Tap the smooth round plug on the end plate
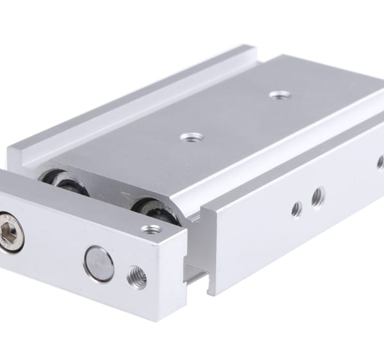click(x=99, y=263)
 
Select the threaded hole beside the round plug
click(x=136, y=277)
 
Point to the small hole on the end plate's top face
click(x=152, y=229)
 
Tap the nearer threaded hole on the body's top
click(x=191, y=137)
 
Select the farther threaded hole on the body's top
click(x=280, y=95)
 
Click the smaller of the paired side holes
click(x=296, y=208)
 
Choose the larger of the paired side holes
click(x=317, y=197)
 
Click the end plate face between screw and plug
click(x=54, y=250)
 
